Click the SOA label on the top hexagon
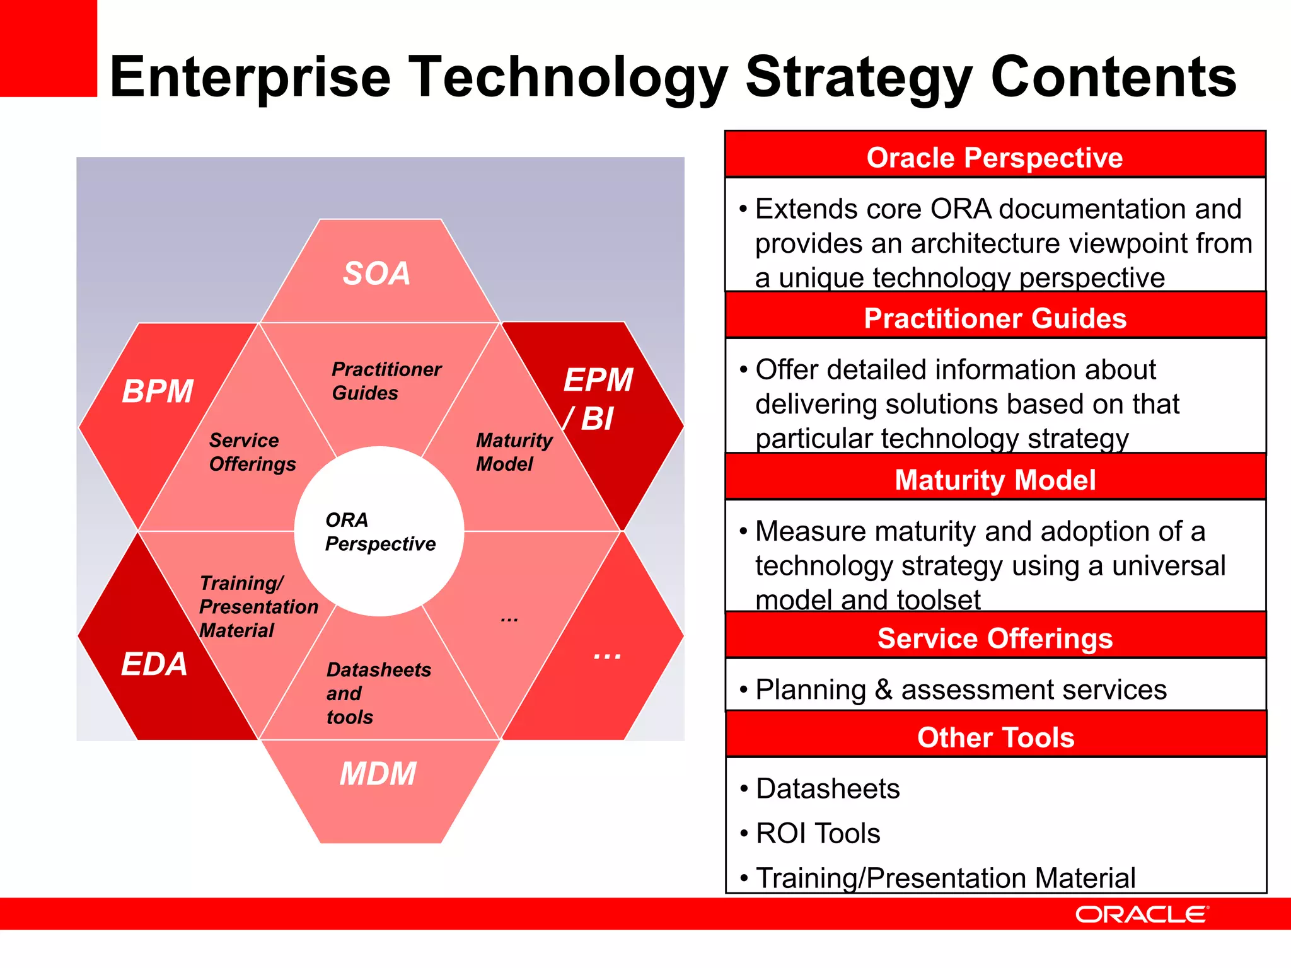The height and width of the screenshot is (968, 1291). click(376, 274)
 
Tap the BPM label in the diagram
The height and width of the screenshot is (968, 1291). click(158, 391)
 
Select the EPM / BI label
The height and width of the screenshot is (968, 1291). click(596, 399)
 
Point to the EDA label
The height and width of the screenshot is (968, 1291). click(154, 664)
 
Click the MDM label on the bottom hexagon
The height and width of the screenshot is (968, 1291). click(378, 773)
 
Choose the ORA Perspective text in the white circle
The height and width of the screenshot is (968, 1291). click(379, 532)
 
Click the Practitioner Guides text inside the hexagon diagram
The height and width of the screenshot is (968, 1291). click(386, 381)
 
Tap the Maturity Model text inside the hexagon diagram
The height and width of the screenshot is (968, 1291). click(513, 452)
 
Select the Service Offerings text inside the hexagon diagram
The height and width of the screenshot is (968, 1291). click(252, 452)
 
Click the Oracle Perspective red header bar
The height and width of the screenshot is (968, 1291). click(995, 157)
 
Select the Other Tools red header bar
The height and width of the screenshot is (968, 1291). click(995, 737)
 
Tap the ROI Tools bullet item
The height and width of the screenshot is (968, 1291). click(817, 833)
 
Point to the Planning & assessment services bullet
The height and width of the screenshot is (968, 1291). click(961, 689)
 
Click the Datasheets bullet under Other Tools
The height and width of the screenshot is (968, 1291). click(827, 788)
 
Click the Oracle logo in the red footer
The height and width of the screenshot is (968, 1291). click(1142, 914)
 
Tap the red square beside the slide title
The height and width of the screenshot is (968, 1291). click(48, 48)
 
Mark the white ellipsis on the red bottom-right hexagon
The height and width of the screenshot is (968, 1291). click(607, 655)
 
